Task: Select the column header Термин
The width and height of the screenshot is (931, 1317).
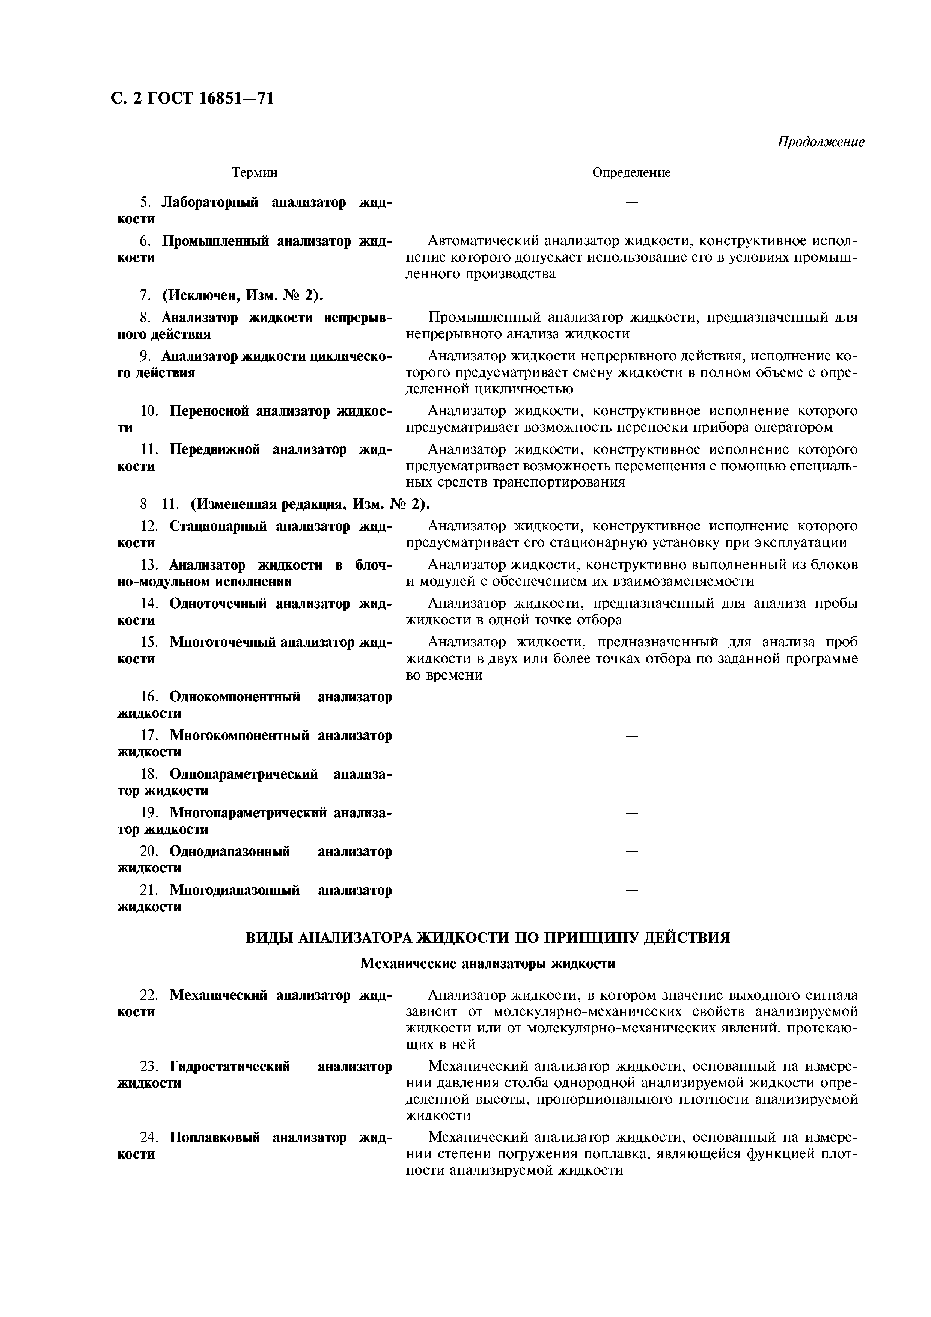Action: [x=254, y=173]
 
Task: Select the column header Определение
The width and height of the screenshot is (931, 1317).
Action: [x=631, y=173]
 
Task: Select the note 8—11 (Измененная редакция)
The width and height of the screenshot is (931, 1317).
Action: [x=285, y=504]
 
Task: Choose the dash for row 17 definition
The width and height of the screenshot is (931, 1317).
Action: [x=631, y=736]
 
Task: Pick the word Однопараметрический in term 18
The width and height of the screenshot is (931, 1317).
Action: [x=243, y=775]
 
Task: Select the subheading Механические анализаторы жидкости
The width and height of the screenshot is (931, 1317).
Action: [x=488, y=964]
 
